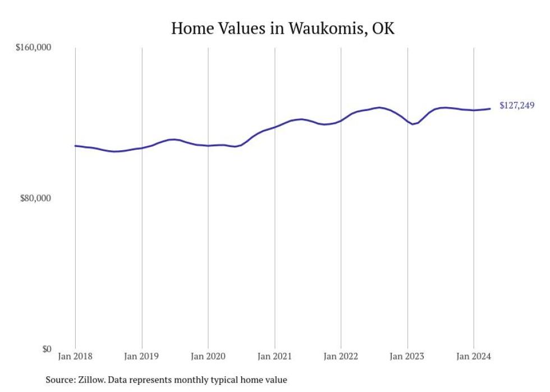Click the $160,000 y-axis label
pos(33,48)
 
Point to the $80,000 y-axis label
pos(35,199)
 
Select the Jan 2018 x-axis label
pos(76,357)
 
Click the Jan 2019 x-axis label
pos(142,357)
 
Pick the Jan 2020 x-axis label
pos(208,357)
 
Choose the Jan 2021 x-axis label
pos(274,357)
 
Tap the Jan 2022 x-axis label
pos(341,357)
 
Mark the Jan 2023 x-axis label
pos(407,357)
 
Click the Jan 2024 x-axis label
pos(474,357)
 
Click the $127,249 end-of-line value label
pos(517,105)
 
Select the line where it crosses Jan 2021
pos(274,127)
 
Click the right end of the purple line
pos(491,109)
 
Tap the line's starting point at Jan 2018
pos(76,146)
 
